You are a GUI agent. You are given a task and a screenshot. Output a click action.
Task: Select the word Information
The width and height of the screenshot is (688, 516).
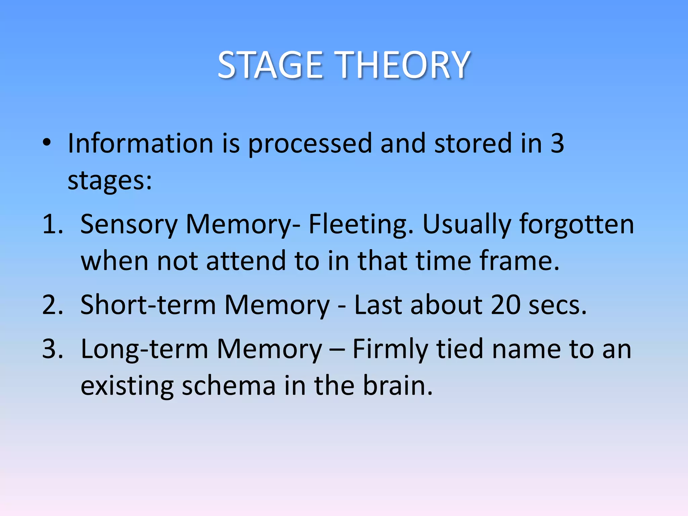[140, 143]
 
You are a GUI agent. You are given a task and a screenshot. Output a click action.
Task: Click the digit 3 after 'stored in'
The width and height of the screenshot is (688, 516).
[557, 143]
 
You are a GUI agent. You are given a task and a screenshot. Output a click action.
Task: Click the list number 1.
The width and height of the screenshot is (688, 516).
[52, 224]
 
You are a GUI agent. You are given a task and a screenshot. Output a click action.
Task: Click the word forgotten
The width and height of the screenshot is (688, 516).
[576, 224]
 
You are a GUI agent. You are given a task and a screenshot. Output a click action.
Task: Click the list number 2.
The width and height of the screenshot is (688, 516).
[52, 305]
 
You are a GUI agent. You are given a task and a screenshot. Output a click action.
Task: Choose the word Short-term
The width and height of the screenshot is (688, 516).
[148, 305]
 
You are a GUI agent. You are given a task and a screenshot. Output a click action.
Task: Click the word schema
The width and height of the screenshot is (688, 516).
[228, 386]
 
